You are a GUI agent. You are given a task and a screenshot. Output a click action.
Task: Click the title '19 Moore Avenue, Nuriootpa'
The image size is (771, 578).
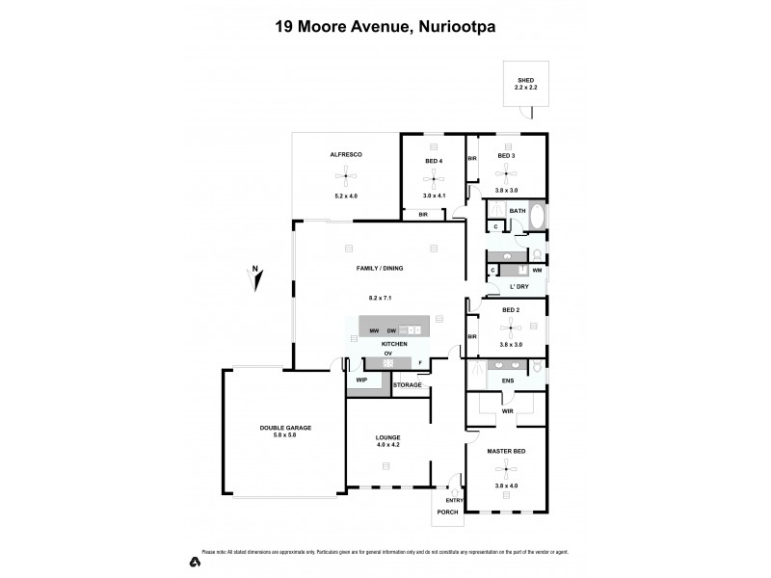(x=385, y=28)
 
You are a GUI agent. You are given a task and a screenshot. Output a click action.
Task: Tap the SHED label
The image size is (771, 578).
(x=525, y=81)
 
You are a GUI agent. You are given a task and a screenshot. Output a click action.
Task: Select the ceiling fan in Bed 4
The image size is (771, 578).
(x=434, y=178)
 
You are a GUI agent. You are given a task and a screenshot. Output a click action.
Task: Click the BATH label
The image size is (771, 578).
(x=518, y=211)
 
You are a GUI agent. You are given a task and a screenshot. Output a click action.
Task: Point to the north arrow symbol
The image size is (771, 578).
(x=255, y=278)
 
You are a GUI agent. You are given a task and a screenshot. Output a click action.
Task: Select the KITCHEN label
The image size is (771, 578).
(x=394, y=344)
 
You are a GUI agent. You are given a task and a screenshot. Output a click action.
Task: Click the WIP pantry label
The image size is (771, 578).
(x=362, y=381)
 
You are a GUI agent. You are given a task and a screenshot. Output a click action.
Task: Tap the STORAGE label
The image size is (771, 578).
(x=407, y=385)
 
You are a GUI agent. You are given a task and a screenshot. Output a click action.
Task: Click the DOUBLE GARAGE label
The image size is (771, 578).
(x=285, y=428)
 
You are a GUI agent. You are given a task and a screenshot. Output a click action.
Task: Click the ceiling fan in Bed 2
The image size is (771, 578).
(x=511, y=328)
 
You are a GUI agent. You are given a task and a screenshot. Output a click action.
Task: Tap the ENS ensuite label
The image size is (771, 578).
(x=507, y=381)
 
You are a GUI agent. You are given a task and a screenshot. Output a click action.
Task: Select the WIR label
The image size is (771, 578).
(x=507, y=411)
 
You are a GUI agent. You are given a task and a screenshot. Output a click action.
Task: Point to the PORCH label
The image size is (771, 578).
(x=448, y=512)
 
